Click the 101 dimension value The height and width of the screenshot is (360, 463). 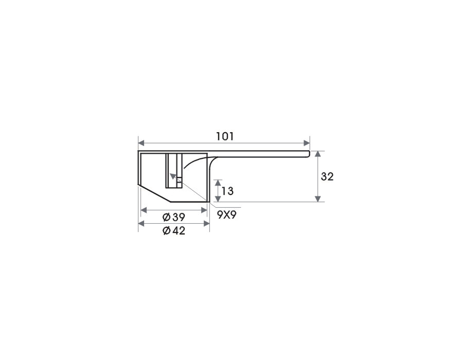[225, 136]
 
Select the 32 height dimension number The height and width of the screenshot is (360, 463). [327, 176]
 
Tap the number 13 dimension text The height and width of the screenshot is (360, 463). [227, 191]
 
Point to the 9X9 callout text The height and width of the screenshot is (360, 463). [227, 215]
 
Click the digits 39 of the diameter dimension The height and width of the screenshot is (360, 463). [179, 217]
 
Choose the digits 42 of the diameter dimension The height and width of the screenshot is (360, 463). [179, 230]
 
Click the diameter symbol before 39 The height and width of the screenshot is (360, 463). [167, 218]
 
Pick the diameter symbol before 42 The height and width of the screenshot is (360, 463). [167, 231]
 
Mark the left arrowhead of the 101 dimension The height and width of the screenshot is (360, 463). [141, 143]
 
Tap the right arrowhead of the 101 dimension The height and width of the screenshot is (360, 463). [307, 143]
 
